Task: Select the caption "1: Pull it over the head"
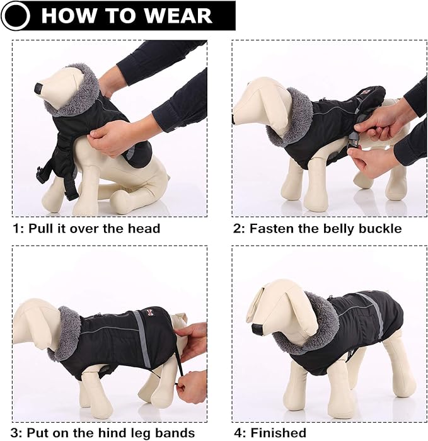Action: click(86, 228)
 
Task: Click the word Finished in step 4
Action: click(278, 432)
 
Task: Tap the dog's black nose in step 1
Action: click(38, 89)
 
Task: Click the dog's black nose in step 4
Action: click(257, 328)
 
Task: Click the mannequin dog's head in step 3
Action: click(35, 321)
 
